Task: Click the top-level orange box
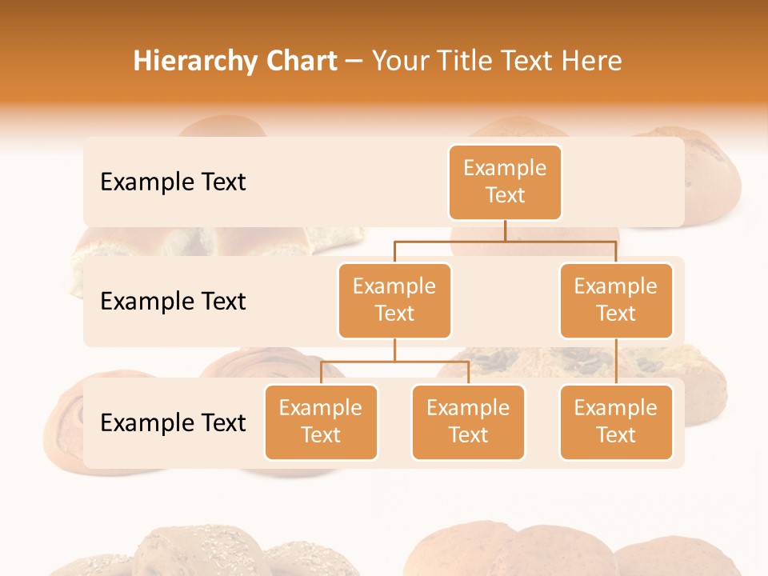click(x=505, y=182)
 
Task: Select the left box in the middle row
click(x=394, y=301)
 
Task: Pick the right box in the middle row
click(x=616, y=301)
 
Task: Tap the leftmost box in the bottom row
click(x=321, y=422)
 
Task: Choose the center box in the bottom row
click(x=468, y=422)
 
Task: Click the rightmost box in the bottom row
click(x=616, y=422)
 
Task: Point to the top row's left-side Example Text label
click(x=173, y=182)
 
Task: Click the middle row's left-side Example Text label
click(x=173, y=302)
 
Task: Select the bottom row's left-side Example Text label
click(x=173, y=423)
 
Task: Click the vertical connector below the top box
click(x=505, y=230)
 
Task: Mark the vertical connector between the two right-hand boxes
click(x=616, y=362)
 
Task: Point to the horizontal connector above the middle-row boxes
click(x=505, y=241)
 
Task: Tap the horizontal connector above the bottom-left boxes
click(x=394, y=362)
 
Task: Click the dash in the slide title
click(x=354, y=62)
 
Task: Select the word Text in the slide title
click(x=533, y=62)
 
